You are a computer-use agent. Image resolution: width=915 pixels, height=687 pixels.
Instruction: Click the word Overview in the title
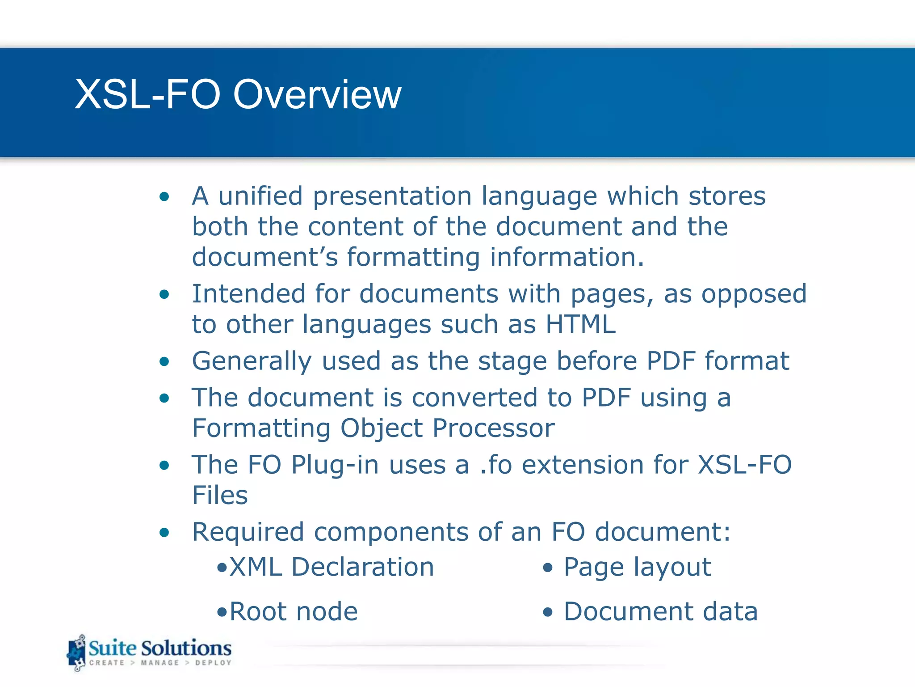click(317, 94)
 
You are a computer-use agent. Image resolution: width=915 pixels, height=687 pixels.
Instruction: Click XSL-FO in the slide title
click(148, 94)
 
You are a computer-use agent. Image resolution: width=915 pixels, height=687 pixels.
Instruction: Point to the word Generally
click(252, 361)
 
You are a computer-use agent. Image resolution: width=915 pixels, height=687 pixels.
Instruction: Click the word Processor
click(494, 428)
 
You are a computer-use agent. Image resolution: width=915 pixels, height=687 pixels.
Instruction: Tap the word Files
click(220, 495)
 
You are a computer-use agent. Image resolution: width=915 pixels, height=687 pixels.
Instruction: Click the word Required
click(248, 532)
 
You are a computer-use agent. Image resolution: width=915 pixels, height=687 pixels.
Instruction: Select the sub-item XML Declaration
click(331, 567)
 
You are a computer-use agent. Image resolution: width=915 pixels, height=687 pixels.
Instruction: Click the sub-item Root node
click(293, 611)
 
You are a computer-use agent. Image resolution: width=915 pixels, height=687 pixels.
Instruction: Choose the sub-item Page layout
click(637, 567)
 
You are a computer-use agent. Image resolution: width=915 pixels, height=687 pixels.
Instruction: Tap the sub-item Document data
click(660, 611)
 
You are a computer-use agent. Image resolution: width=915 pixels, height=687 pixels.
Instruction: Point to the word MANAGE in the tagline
click(159, 662)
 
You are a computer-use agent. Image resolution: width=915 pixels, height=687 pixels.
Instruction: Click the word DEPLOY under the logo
click(213, 662)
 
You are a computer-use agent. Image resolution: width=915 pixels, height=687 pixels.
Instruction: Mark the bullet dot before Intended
click(164, 294)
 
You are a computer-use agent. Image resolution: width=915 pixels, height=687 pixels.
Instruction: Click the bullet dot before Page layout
click(548, 568)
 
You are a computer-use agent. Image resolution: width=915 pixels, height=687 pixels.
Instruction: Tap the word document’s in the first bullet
click(265, 257)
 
